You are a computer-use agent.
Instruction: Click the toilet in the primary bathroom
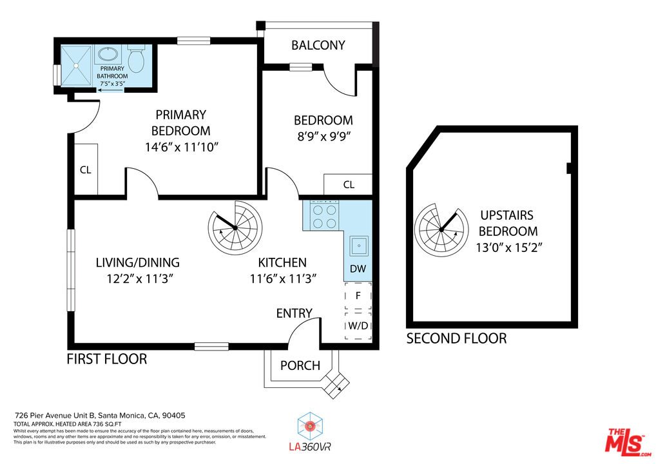136,59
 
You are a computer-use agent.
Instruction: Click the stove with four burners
324,216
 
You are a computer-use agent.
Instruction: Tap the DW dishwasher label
358,269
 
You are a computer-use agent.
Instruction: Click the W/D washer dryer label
358,325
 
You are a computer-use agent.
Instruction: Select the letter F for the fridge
358,296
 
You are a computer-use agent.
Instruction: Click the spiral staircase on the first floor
235,227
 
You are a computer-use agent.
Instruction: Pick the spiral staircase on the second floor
441,229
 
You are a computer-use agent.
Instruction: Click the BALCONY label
318,45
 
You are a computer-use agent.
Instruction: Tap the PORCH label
300,365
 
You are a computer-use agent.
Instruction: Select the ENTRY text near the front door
294,313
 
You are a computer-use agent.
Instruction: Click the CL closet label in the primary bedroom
86,170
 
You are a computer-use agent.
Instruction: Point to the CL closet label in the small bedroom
348,185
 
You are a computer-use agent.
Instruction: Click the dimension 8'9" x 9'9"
323,137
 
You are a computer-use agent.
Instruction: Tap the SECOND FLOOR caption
456,338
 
